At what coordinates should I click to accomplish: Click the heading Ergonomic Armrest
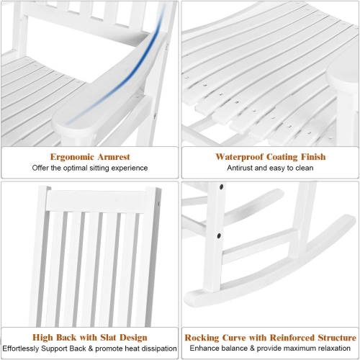pos(89,156)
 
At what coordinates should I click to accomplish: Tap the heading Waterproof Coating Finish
pos(270,156)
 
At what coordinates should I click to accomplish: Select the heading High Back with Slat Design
pos(89,337)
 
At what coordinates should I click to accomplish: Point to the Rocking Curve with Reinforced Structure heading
pos(270,337)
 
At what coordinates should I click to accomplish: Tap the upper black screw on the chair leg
pos(220,186)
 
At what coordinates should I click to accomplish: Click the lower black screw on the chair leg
pos(217,234)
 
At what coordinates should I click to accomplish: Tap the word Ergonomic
pos(68,156)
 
